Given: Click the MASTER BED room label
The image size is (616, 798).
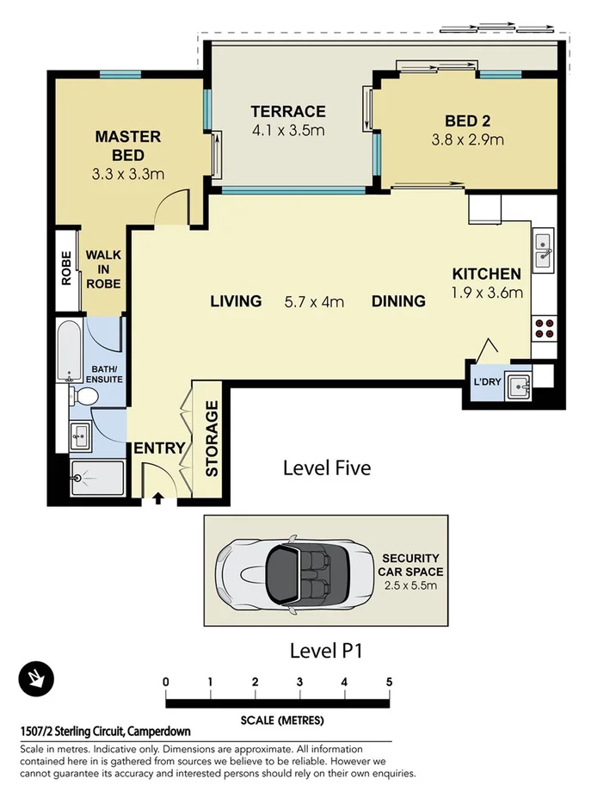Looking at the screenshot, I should (128, 145).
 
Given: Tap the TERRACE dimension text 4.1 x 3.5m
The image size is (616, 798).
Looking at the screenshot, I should (287, 131).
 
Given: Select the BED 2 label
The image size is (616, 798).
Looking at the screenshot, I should (467, 121).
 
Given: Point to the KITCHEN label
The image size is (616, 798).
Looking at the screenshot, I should (487, 275).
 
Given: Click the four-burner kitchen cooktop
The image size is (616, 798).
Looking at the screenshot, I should (544, 327).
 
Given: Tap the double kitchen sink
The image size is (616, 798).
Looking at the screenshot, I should (543, 249).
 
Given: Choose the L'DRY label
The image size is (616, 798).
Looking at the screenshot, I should (482, 384).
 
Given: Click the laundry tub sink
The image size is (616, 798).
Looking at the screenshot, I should (518, 386).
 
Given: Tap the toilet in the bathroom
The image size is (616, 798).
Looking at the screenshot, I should (85, 397).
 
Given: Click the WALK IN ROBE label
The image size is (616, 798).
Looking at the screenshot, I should (102, 269).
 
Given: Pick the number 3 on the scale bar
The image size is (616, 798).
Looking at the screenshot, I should (299, 682).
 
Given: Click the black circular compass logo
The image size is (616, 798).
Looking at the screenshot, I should (36, 679).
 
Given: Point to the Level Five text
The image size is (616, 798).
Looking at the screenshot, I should (327, 468).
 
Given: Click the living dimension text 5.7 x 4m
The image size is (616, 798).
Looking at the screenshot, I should (314, 301).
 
